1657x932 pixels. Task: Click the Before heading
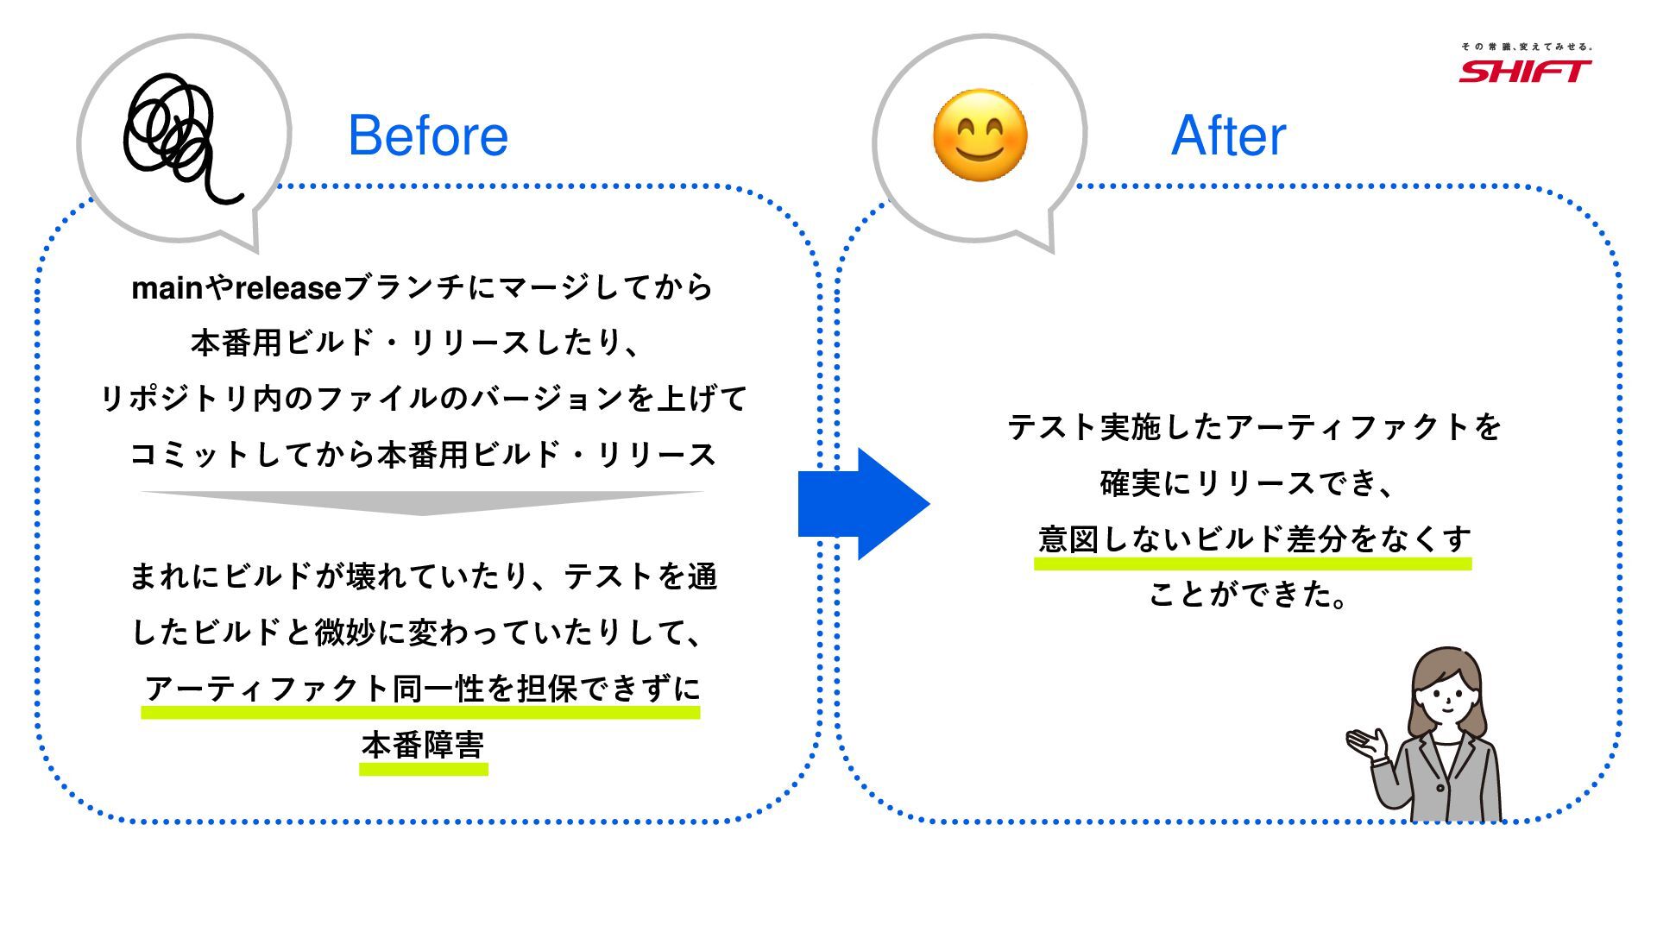tap(428, 135)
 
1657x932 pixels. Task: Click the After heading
tap(1228, 135)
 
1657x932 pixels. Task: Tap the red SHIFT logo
tap(1525, 71)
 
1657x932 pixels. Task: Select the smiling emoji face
tap(980, 135)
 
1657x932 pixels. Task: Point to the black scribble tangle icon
tap(177, 134)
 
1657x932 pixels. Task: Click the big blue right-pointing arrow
tap(863, 504)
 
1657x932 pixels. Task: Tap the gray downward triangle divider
tap(422, 501)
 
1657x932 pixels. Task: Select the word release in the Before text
tap(288, 288)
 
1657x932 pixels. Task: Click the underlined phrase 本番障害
tap(423, 746)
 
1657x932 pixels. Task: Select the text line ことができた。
tap(1248, 595)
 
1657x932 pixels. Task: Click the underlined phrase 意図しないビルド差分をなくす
tap(1254, 539)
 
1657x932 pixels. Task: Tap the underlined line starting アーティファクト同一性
tap(422, 690)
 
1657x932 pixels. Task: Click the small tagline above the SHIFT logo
tap(1526, 47)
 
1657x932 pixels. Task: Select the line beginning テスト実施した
tap(1254, 427)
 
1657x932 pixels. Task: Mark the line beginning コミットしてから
tap(423, 455)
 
